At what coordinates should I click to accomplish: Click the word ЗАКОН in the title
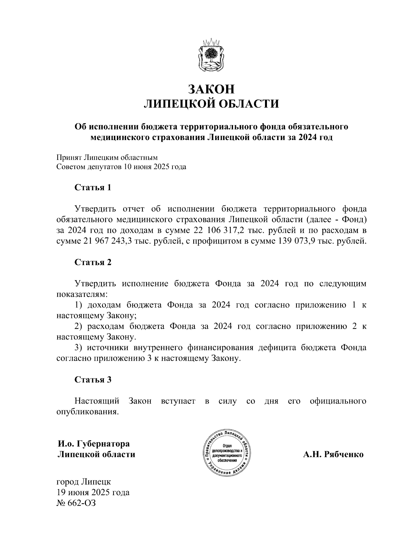pyautogui.click(x=212, y=89)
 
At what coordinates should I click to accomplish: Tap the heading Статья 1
pyautogui.click(x=93, y=188)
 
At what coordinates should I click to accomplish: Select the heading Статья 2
pyautogui.click(x=93, y=262)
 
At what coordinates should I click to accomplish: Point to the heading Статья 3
pyautogui.click(x=93, y=380)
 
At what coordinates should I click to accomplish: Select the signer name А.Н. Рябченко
pyautogui.click(x=333, y=454)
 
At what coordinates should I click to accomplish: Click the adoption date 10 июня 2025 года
pyautogui.click(x=155, y=167)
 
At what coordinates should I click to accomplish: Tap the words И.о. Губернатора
pyautogui.click(x=93, y=444)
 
